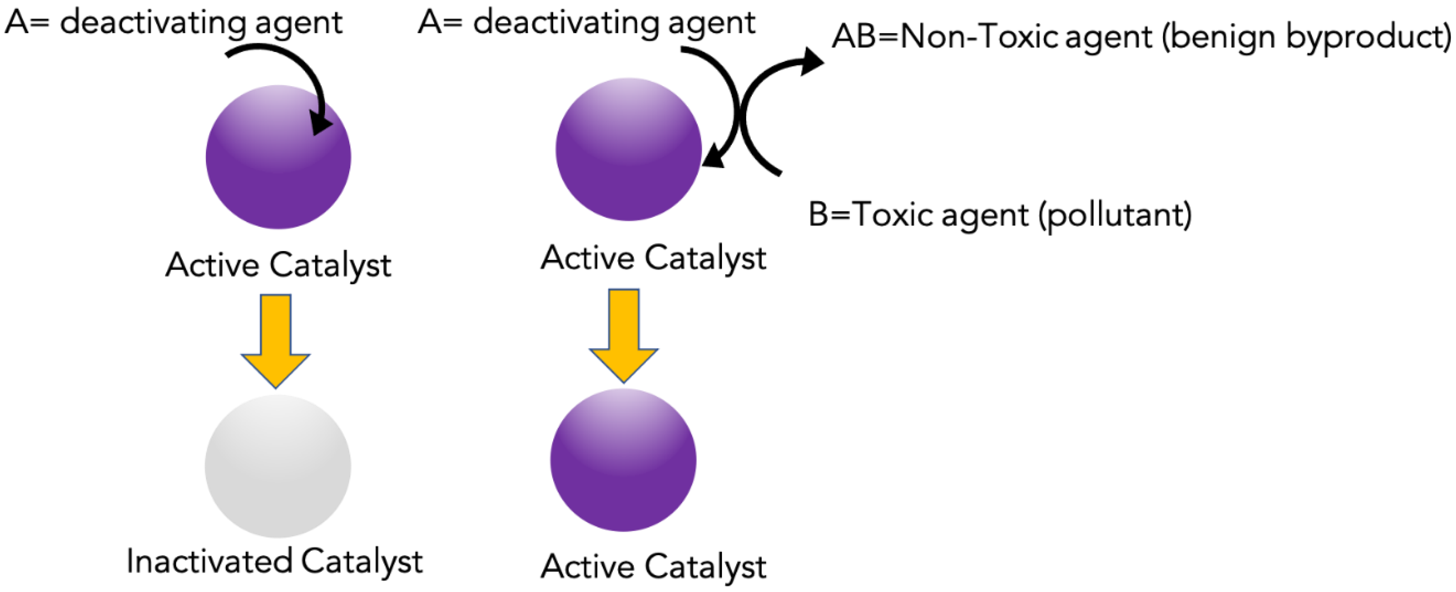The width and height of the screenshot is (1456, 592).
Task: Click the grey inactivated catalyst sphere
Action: tap(278, 466)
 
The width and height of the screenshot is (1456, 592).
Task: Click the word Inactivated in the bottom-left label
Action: tap(209, 562)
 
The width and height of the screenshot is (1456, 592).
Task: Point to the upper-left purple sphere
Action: tap(278, 157)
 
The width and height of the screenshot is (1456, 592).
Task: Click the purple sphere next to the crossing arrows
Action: tap(628, 150)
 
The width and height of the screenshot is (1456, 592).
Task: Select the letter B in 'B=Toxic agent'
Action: tap(817, 215)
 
